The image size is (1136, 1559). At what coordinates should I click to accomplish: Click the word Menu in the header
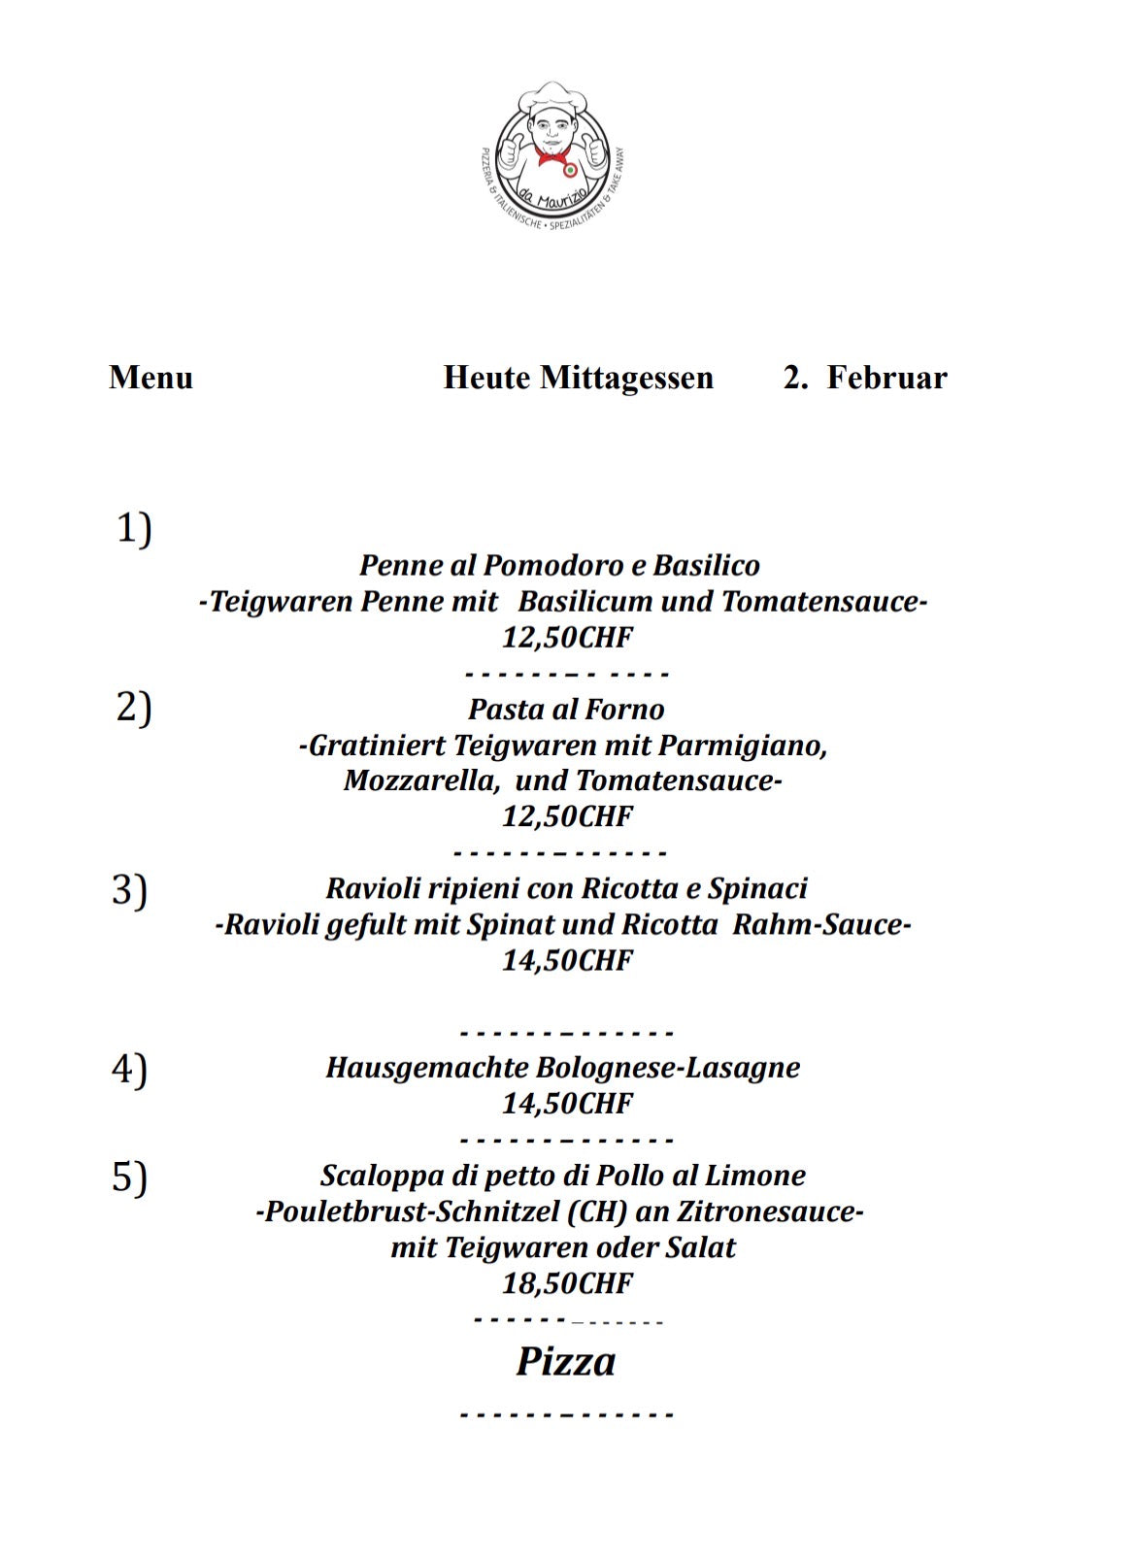pos(151,378)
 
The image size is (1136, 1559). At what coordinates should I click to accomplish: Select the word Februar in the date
pos(886,378)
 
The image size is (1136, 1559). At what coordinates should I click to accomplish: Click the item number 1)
pos(134,529)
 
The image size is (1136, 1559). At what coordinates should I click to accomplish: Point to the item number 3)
pos(130,889)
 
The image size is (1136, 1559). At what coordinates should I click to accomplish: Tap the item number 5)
pos(130,1177)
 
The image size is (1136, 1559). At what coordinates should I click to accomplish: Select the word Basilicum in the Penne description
pos(585,602)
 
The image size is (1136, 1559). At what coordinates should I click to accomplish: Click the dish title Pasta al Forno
pos(566,709)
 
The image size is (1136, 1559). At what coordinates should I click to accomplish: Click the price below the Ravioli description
pos(567,960)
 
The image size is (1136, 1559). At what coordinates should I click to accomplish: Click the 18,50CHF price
pos(567,1283)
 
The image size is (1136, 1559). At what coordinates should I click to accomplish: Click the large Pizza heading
pos(566,1361)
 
